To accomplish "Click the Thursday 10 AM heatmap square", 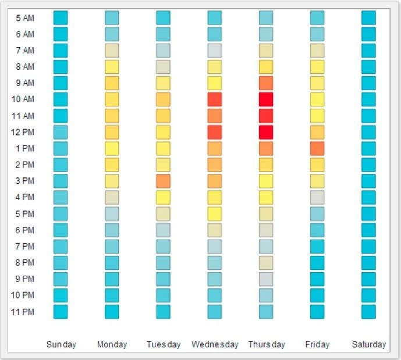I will click(266, 99).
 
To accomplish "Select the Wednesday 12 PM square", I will click(215, 132).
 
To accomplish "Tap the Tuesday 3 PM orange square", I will click(164, 181).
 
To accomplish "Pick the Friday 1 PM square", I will click(317, 148).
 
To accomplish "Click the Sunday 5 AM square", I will click(61, 18).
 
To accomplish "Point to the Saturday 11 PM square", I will click(368, 312).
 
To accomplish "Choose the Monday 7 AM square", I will click(112, 51).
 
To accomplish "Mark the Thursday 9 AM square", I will click(266, 83).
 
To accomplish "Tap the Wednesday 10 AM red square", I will click(215, 99).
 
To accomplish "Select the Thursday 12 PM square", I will click(266, 132).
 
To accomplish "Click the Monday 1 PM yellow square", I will click(112, 148).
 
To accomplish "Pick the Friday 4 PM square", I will click(317, 197).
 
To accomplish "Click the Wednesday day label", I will click(215, 344).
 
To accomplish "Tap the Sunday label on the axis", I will click(61, 344).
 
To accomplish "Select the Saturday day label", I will click(368, 344).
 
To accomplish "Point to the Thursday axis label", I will click(267, 344).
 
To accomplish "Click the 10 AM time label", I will click(23, 99).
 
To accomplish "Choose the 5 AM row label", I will click(24, 18).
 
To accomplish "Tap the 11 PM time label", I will click(23, 312).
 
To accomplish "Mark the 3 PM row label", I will click(24, 181).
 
